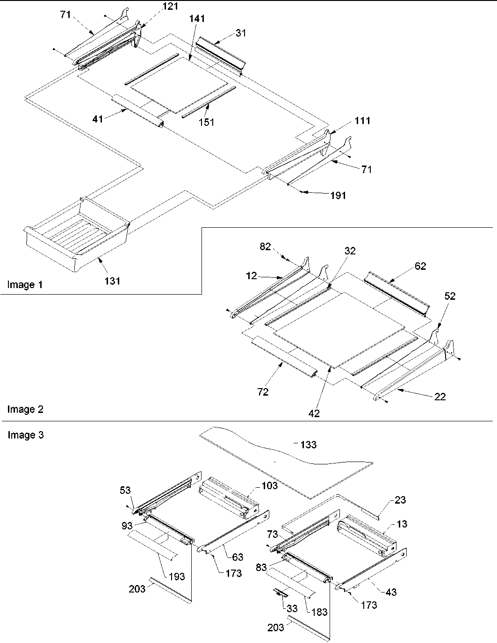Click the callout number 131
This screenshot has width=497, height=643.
113,281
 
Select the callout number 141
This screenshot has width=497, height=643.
197,19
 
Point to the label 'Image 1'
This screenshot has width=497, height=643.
25,285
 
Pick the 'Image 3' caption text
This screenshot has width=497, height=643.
25,435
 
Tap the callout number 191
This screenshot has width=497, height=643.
338,195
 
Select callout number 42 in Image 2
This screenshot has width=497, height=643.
314,413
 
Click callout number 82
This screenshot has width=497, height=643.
265,246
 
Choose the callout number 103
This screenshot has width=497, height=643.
270,485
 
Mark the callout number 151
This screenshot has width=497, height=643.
206,122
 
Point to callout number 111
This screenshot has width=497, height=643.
363,121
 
